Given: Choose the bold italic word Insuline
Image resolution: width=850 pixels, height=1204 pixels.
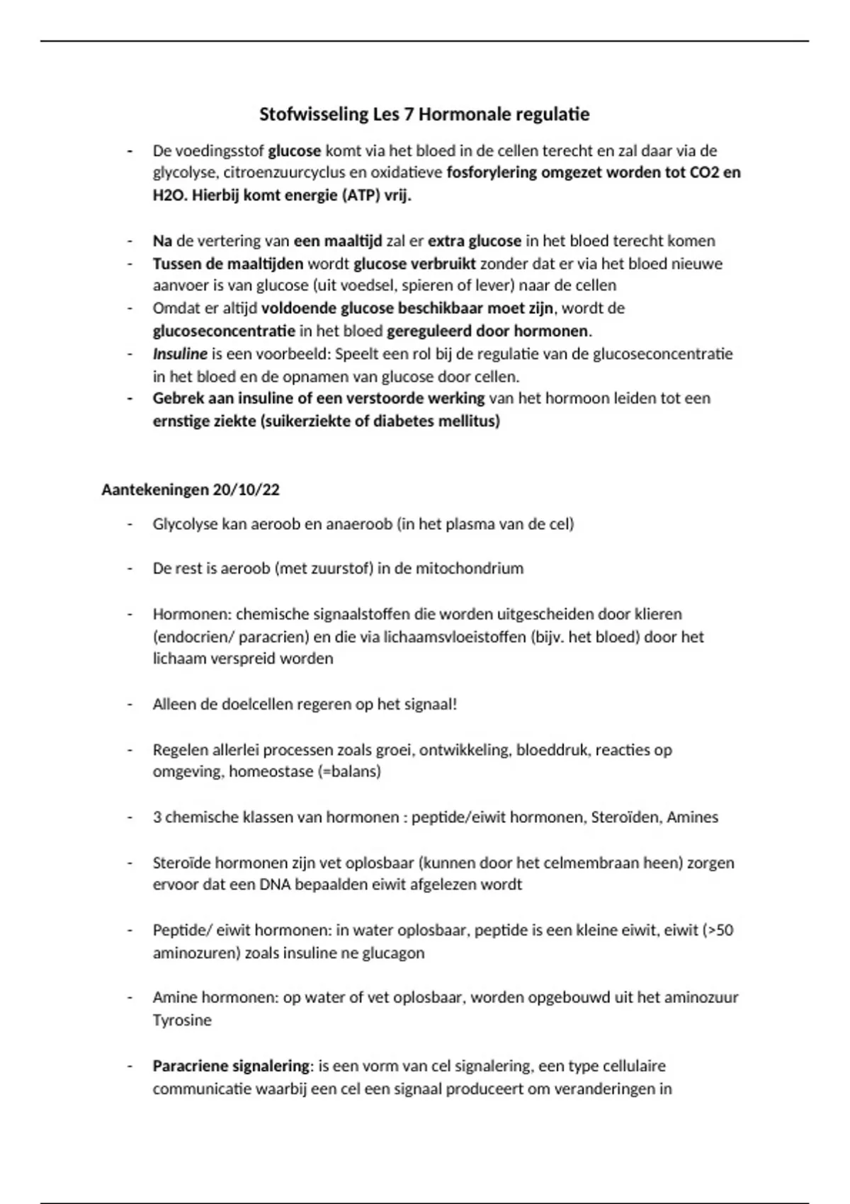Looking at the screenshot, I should [x=180, y=353].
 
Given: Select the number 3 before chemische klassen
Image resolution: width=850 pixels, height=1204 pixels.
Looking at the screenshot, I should [x=157, y=817].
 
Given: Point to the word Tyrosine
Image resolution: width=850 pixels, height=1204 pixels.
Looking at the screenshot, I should [x=182, y=1021].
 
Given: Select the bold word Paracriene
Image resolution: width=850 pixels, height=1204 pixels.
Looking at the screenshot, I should [x=190, y=1066].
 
